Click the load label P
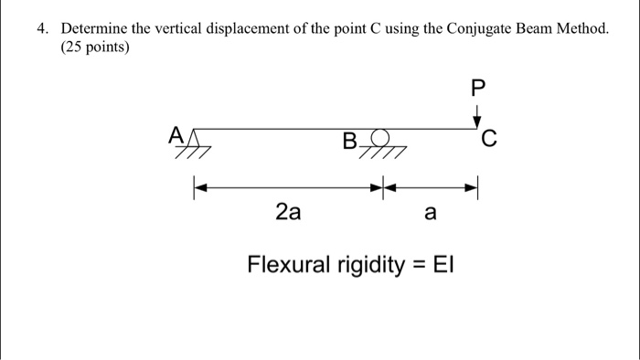(475, 90)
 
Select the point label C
(489, 139)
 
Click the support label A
(175, 135)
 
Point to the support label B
(349, 143)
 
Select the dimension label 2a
(287, 214)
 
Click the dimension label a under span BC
(431, 214)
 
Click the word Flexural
(287, 266)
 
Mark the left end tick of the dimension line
(193, 189)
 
